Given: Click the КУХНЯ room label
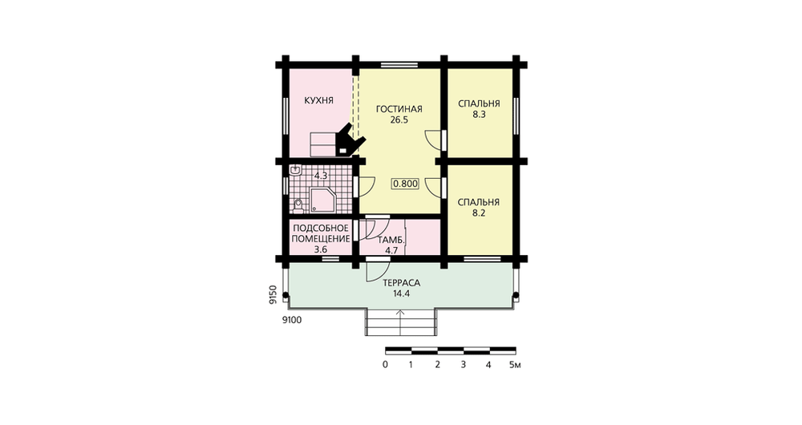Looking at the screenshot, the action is [318, 101].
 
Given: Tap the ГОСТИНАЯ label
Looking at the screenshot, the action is [399, 109].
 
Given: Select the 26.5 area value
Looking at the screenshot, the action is [399, 120].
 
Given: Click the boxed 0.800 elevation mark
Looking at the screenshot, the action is [405, 184].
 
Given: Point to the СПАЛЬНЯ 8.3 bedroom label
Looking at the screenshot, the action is [479, 109].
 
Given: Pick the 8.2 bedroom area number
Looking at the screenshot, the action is [479, 213].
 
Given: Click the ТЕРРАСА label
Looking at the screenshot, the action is [402, 283].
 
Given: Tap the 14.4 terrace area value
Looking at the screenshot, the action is [402, 294].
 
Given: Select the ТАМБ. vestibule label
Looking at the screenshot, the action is [391, 241].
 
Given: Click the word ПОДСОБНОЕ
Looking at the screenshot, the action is [320, 228].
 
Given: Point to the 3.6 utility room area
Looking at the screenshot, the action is [320, 250].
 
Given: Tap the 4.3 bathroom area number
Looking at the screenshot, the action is [321, 176].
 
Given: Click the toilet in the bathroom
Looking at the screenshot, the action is [298, 205].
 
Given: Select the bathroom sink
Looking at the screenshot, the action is [295, 171].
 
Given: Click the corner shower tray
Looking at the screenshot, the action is [322, 200].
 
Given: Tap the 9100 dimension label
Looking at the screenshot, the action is [292, 321].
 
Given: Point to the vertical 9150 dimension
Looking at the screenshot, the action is [273, 294].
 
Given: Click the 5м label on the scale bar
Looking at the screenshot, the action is [515, 365].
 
